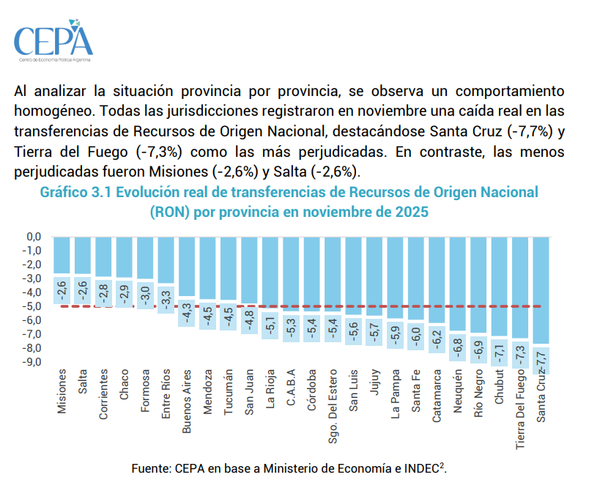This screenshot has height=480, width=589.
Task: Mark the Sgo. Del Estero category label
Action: click(x=333, y=406)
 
